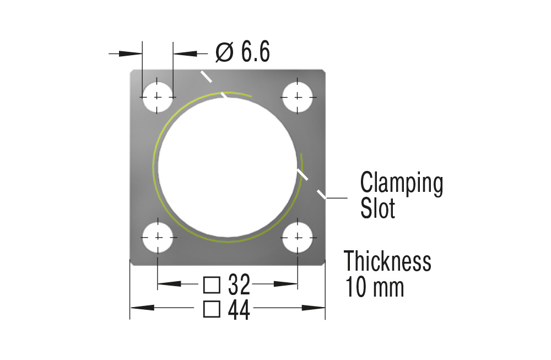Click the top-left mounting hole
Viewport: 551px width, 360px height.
click(158, 96)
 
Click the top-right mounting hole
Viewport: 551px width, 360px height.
click(298, 96)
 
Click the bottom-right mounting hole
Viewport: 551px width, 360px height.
click(298, 237)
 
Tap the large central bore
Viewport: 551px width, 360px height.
click(228, 167)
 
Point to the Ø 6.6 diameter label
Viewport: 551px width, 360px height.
click(242, 52)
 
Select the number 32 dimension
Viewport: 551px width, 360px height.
click(239, 284)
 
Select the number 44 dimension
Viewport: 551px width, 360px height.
click(239, 310)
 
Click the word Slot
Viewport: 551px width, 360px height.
click(378, 208)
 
